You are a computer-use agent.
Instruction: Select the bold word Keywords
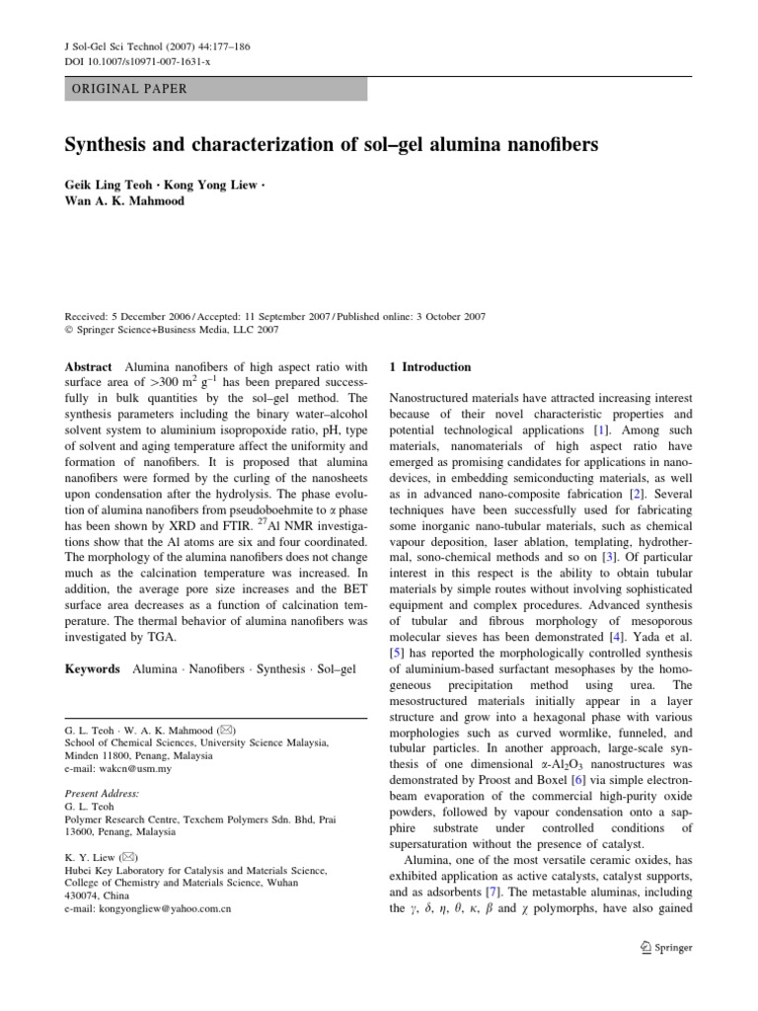coord(94,669)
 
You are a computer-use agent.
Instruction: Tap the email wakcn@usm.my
coord(114,767)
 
